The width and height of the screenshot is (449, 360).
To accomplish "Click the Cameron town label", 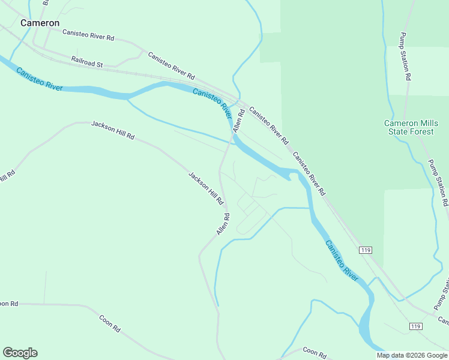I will (x=40, y=23).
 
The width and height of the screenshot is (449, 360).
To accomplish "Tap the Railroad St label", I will (x=87, y=61).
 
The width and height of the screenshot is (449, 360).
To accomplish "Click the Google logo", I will (x=20, y=353).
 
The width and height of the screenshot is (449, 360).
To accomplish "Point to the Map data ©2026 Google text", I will (x=411, y=355).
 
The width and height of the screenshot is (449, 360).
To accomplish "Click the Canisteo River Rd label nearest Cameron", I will (x=88, y=37).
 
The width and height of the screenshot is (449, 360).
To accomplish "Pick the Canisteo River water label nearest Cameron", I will (x=39, y=78).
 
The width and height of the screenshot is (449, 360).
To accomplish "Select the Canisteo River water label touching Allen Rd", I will (x=212, y=102).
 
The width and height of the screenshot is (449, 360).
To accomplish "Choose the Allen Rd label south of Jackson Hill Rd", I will (x=223, y=224).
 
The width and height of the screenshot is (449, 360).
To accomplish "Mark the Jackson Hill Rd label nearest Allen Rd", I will (x=206, y=187).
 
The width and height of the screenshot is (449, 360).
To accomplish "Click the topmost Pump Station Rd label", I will (x=406, y=56).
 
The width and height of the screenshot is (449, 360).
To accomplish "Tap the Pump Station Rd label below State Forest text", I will (x=438, y=183).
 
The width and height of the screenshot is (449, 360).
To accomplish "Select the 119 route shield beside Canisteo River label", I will (x=364, y=249).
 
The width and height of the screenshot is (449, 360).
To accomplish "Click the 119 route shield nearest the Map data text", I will (x=415, y=326).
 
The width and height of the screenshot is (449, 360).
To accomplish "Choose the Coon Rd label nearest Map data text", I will (x=314, y=351).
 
